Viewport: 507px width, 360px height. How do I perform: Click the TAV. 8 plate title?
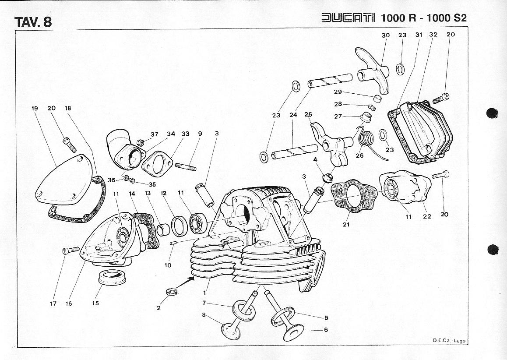coord(33,22)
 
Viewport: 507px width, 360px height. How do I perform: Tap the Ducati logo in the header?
coord(348,18)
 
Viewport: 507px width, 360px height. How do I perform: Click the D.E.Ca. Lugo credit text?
coord(449,340)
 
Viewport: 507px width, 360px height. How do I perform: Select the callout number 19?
coord(35,108)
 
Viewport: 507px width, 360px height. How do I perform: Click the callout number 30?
coord(385,35)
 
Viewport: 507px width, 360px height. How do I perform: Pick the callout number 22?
coord(427,216)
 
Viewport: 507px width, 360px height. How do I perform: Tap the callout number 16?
coord(69,303)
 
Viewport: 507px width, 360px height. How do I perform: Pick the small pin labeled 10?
coord(173,243)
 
